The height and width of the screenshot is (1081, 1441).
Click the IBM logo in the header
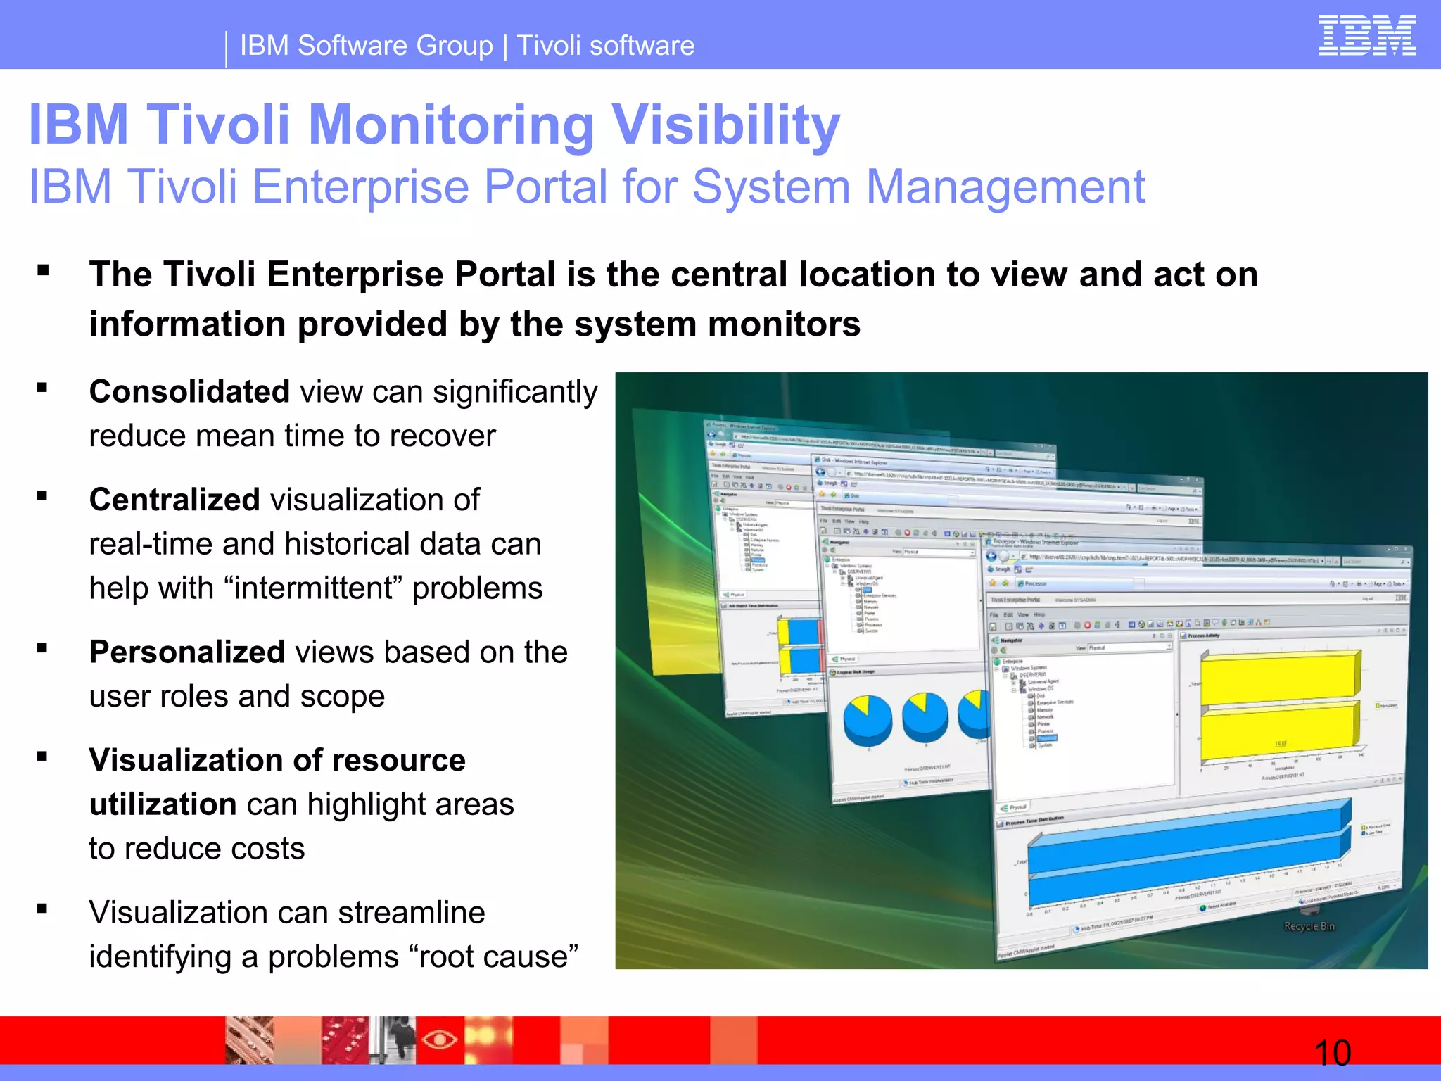tap(1366, 36)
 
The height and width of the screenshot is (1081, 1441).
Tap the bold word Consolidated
tap(189, 392)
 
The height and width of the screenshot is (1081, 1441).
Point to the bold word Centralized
tap(174, 500)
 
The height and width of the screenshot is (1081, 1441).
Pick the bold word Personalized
tap(186, 652)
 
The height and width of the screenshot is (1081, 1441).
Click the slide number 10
tap(1332, 1053)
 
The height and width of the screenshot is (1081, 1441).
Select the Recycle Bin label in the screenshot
tap(1309, 926)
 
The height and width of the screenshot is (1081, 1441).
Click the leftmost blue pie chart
tap(868, 719)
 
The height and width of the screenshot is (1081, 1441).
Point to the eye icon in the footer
tap(440, 1039)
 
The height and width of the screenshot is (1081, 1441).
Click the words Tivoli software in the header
tap(605, 46)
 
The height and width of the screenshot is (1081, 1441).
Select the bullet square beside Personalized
tap(43, 648)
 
